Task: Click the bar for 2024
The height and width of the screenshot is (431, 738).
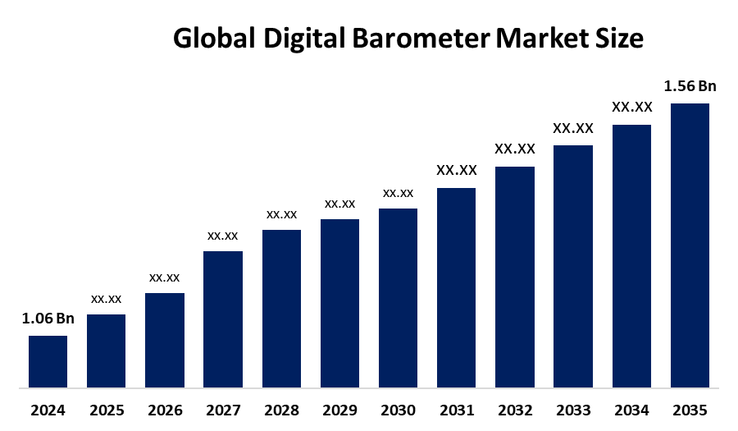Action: [48, 361]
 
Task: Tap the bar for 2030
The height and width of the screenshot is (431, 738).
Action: [398, 297]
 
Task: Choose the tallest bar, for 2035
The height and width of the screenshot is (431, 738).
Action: [690, 245]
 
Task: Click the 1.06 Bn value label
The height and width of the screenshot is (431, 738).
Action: [48, 319]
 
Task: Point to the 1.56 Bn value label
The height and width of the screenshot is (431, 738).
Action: [690, 85]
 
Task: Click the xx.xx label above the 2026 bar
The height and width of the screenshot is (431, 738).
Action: [165, 277]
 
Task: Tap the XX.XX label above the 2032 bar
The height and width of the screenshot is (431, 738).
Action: [515, 149]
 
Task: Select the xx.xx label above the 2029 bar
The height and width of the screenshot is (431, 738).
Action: [339, 204]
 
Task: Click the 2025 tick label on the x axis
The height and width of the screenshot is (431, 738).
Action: [106, 409]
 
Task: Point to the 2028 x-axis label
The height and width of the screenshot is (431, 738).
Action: [281, 409]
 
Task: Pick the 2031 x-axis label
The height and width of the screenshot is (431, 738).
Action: [457, 409]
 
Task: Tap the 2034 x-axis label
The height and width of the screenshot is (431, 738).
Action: [631, 409]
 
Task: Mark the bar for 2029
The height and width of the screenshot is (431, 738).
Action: [339, 303]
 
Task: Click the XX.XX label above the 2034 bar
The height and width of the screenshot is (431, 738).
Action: [631, 107]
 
